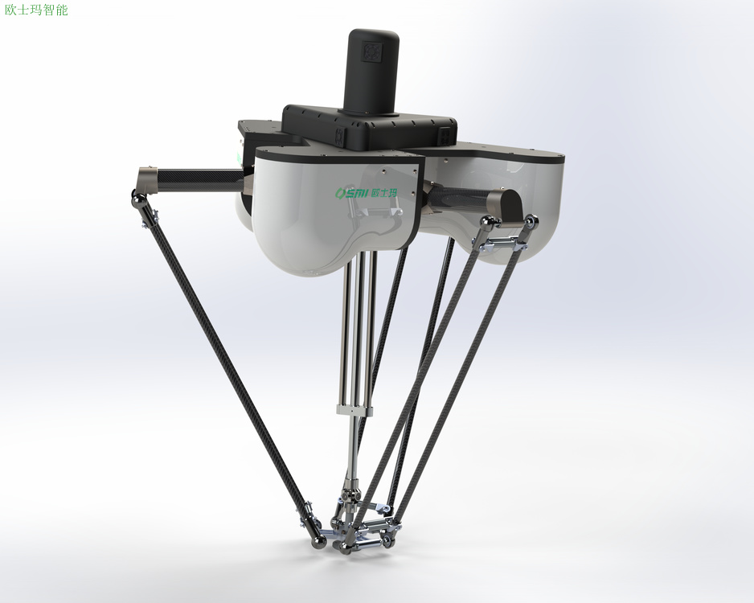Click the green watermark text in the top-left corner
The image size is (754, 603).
coord(36,10)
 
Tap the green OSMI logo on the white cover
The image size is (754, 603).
coord(366,192)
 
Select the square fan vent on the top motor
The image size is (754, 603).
coord(372,52)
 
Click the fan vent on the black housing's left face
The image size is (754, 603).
coord(340,136)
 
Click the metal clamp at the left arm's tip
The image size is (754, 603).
coord(147,178)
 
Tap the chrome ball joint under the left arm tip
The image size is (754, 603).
coord(138,198)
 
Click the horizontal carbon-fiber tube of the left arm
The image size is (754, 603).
coord(200,180)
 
